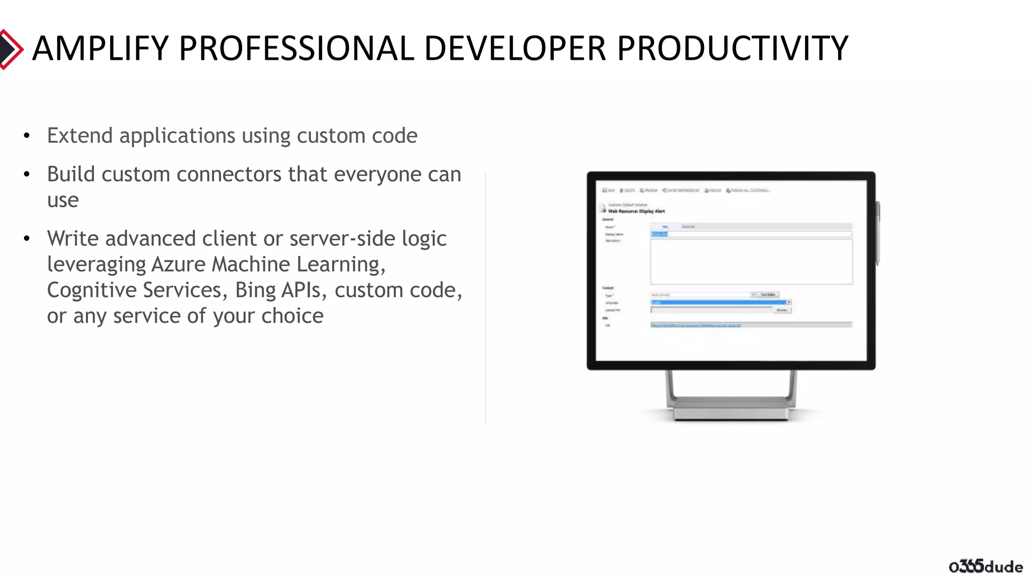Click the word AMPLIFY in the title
(100, 49)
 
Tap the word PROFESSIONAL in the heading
(296, 49)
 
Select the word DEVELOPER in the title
(515, 49)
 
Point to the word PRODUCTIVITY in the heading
(732, 49)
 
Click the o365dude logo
(985, 566)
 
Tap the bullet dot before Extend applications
(27, 136)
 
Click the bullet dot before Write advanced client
(27, 239)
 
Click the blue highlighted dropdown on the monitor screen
(718, 302)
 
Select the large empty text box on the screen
(751, 262)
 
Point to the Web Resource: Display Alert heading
(636, 211)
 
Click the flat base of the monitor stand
(731, 413)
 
